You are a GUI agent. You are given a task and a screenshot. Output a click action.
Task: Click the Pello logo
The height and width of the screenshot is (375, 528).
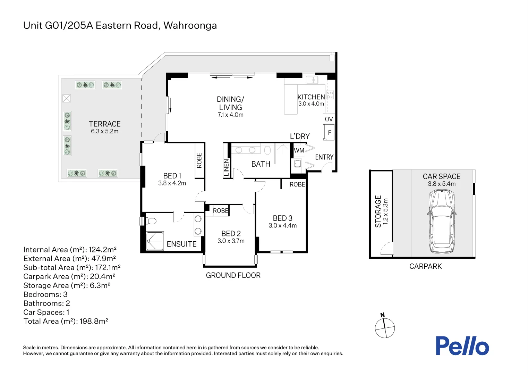462,346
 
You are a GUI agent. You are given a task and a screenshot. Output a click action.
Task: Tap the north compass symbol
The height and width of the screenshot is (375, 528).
385,327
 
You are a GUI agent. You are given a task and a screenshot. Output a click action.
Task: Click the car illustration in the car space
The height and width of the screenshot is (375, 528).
442,222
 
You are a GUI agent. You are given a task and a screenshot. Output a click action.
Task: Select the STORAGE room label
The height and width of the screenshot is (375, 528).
378,211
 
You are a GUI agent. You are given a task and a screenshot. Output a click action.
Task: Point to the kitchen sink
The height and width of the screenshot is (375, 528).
312,80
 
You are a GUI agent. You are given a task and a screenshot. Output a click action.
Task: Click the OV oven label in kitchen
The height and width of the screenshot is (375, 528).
329,119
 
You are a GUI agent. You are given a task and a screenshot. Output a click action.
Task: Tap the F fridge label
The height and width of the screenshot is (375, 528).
330,133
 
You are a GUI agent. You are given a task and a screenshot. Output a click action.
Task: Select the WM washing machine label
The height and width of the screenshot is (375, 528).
299,150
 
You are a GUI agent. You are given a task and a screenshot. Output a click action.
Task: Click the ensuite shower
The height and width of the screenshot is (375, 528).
155,241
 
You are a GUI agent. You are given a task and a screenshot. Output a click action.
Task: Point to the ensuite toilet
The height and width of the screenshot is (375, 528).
151,221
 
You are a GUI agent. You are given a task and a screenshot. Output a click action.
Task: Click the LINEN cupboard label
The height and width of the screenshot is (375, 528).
226,168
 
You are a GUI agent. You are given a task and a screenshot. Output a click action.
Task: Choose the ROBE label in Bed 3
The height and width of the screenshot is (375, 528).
297,184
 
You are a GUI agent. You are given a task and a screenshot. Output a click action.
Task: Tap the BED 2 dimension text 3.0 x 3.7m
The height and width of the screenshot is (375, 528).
231,241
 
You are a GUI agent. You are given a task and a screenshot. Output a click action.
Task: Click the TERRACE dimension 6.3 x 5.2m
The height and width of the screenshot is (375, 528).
104,131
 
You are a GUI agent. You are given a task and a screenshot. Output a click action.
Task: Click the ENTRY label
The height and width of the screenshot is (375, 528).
324,157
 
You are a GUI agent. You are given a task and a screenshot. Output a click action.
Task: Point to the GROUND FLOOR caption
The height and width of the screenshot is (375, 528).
233,275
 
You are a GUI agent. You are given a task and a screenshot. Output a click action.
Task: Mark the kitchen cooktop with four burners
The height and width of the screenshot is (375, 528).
330,95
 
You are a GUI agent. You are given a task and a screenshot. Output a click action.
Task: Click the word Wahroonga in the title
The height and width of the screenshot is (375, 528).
190,25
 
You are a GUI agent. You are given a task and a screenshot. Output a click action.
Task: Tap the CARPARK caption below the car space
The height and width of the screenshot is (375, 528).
425,266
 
